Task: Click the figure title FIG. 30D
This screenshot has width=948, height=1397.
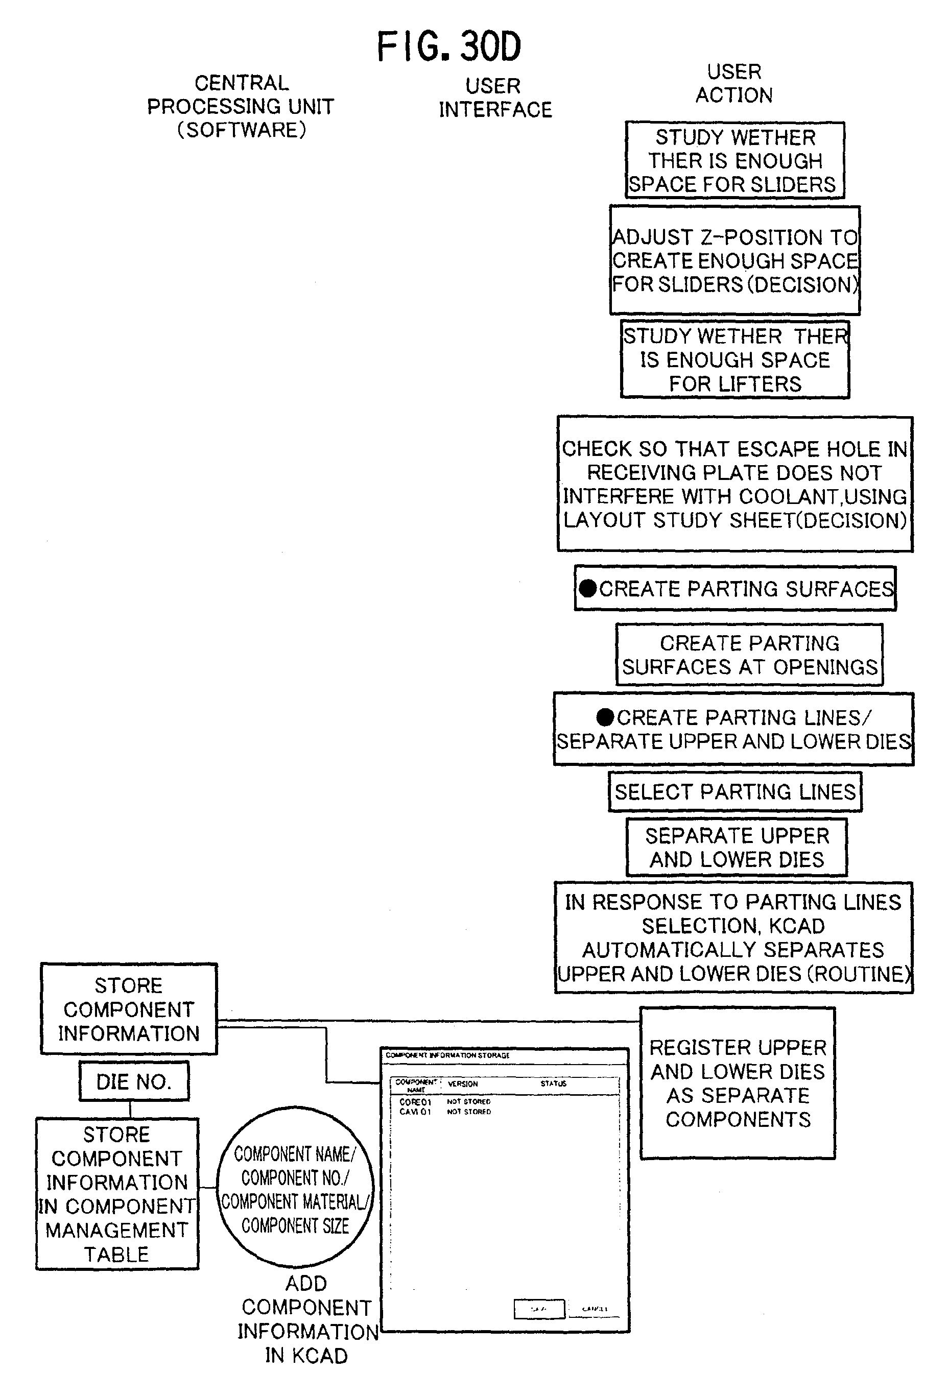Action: pos(448,47)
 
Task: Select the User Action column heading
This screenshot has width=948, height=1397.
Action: pos(734,84)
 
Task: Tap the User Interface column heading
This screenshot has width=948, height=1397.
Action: pos(495,98)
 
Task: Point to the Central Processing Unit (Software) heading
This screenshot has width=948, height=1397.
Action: pos(241,106)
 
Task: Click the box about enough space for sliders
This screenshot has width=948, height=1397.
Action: pos(734,160)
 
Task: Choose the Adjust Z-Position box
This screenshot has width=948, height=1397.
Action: pos(734,260)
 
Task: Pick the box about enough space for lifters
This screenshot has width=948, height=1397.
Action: pos(734,359)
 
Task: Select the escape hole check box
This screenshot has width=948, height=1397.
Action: pos(734,484)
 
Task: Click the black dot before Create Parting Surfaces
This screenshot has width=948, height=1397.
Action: pos(588,589)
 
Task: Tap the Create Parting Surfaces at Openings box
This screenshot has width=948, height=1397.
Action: pos(749,655)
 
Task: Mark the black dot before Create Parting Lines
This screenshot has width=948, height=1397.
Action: pos(605,717)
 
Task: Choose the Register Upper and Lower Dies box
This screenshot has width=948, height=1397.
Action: pos(738,1083)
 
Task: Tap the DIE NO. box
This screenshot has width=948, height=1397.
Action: pos(134,1081)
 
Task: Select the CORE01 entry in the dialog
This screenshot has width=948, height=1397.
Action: pos(415,1102)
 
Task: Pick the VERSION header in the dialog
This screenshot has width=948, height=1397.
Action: pos(463,1084)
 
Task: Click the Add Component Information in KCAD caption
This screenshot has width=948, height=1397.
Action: pos(306,1320)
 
